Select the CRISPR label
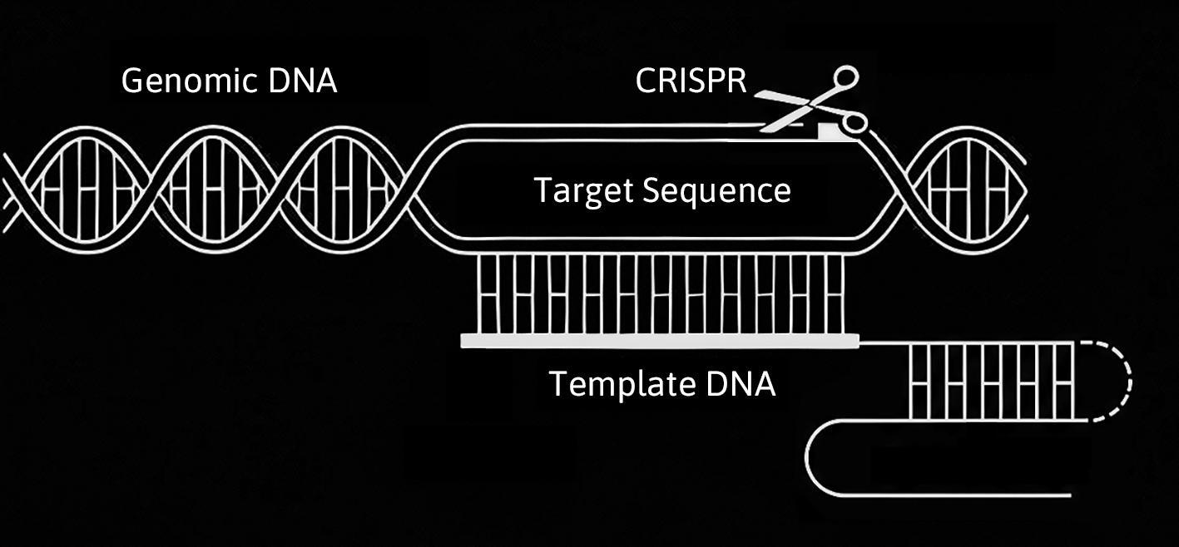point(691,81)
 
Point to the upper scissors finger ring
point(845,79)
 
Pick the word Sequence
point(717,190)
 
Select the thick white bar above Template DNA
point(660,339)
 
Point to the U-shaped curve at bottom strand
point(820,458)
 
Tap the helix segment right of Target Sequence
point(965,190)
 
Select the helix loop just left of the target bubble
point(341,190)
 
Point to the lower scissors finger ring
point(855,125)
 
